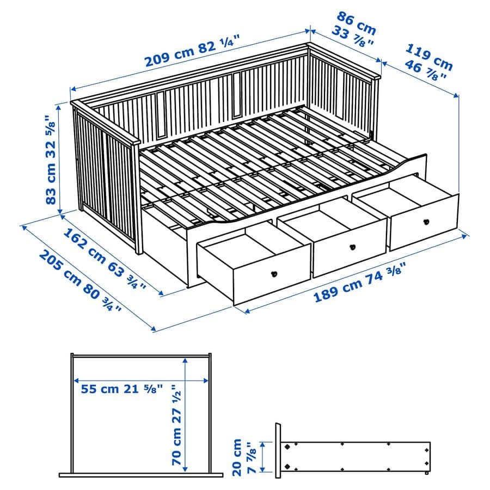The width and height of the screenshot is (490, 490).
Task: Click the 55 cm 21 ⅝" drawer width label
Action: tap(122, 389)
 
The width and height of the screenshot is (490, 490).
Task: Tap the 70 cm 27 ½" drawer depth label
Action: tap(176, 425)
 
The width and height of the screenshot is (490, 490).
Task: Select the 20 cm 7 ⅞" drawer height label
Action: tap(243, 457)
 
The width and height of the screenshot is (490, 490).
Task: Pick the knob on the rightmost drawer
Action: tap(426, 221)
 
